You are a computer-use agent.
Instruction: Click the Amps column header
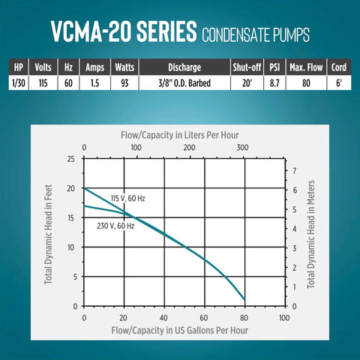coord(95,66)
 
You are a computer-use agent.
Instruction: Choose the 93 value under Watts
coord(124,82)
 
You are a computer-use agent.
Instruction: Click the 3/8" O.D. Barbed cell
coord(181,82)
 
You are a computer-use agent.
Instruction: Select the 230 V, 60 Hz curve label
coord(115,225)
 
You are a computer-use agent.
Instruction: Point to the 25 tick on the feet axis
coord(70,159)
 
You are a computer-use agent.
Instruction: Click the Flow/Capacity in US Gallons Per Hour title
coord(184,329)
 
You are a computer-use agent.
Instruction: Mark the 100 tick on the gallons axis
coord(283,317)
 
